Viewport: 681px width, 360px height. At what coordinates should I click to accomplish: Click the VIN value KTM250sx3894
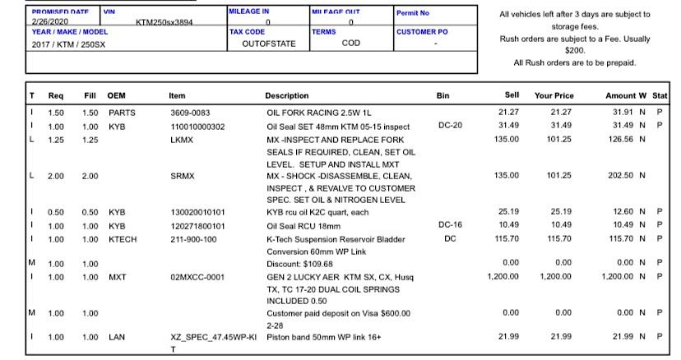tap(164, 22)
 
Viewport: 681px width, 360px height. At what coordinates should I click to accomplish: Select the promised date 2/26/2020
tap(49, 22)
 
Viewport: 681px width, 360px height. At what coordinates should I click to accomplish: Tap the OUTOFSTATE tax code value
tap(268, 44)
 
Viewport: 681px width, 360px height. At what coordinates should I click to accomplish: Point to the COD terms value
tap(351, 44)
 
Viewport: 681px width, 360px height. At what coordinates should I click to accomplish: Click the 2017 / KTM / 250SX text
tap(69, 44)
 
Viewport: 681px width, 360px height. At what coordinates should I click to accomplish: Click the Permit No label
tap(413, 13)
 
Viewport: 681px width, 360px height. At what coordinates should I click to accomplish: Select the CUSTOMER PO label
tap(423, 31)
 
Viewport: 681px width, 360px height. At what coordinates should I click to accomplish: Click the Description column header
tap(287, 96)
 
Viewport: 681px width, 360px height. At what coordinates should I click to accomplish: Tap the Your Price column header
tap(553, 96)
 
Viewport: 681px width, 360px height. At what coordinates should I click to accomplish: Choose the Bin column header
tap(443, 96)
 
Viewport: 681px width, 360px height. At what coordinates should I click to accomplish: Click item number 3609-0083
tap(191, 112)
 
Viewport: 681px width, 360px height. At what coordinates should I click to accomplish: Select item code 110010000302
tap(197, 126)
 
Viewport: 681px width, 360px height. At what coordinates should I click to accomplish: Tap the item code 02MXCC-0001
tap(197, 277)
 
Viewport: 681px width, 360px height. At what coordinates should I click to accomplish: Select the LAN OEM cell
tap(116, 338)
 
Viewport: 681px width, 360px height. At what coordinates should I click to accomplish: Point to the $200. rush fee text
tap(574, 50)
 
